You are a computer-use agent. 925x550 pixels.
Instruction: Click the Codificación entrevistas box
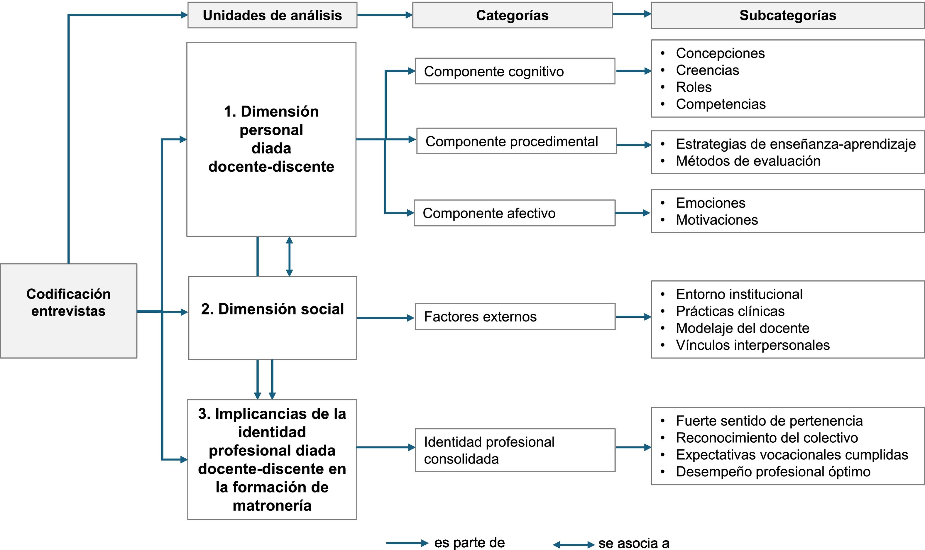click(69, 311)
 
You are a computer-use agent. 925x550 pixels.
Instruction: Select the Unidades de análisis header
click(272, 15)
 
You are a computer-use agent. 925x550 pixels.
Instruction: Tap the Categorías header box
click(512, 15)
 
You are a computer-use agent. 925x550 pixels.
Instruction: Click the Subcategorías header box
click(787, 15)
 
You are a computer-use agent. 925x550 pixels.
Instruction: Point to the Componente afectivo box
click(514, 213)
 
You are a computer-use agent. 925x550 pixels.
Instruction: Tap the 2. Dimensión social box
click(272, 317)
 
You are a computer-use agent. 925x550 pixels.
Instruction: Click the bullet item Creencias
click(707, 70)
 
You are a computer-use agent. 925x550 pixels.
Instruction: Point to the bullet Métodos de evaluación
click(748, 161)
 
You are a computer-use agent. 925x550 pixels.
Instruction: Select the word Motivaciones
click(716, 220)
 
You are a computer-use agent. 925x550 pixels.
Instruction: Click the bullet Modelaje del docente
click(742, 328)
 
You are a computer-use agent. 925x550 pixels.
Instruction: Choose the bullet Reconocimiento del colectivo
click(766, 438)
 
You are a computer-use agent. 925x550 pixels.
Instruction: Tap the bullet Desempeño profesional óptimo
click(773, 472)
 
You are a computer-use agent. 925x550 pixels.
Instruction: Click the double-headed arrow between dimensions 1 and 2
click(290, 256)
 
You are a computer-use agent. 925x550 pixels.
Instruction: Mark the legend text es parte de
click(469, 543)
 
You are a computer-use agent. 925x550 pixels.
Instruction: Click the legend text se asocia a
click(633, 543)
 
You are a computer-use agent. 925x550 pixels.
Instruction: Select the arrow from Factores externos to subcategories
click(633, 317)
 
